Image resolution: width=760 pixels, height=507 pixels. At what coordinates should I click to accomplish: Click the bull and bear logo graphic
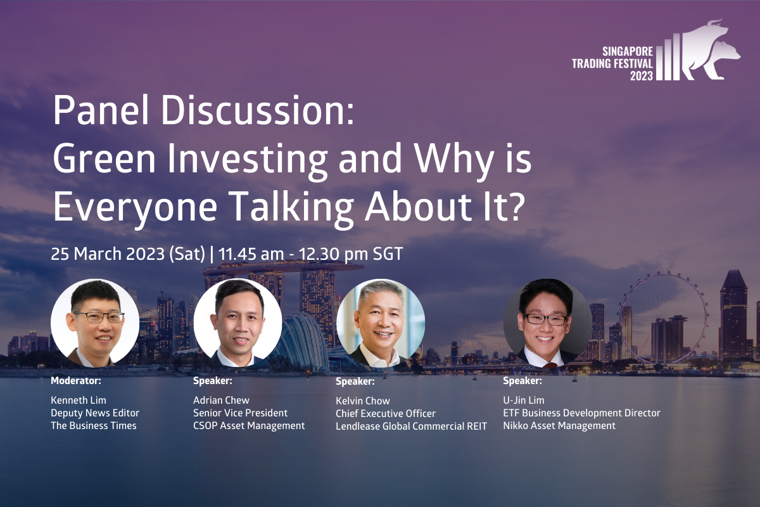(x=699, y=51)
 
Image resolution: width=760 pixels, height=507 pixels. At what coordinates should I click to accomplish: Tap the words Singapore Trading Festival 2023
(x=612, y=63)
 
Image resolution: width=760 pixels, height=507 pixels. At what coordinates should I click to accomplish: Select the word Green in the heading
(x=104, y=158)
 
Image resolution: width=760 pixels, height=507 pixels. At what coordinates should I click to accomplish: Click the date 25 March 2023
(x=108, y=253)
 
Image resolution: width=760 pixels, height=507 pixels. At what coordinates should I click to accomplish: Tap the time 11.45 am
(x=251, y=253)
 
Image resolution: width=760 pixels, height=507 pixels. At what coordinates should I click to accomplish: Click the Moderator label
(x=76, y=381)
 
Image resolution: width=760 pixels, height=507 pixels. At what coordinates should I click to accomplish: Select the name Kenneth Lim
(x=79, y=400)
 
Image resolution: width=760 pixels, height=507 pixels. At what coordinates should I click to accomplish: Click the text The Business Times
(x=94, y=425)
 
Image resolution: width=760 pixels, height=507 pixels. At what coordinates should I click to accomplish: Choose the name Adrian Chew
(x=221, y=400)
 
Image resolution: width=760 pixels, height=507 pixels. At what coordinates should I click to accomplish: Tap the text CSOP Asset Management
(x=249, y=426)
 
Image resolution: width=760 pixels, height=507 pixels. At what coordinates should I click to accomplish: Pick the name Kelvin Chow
(x=363, y=401)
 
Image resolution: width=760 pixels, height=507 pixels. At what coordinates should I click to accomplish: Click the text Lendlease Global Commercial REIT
(x=411, y=426)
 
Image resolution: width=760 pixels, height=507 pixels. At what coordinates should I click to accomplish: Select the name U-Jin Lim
(x=524, y=400)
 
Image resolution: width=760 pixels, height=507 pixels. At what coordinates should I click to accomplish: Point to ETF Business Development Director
(x=581, y=413)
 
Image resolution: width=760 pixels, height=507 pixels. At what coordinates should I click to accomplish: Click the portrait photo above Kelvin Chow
(x=381, y=323)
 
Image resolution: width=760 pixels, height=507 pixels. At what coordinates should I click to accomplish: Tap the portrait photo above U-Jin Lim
(x=547, y=323)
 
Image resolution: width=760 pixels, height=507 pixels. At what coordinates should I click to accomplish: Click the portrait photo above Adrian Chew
(x=238, y=323)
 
